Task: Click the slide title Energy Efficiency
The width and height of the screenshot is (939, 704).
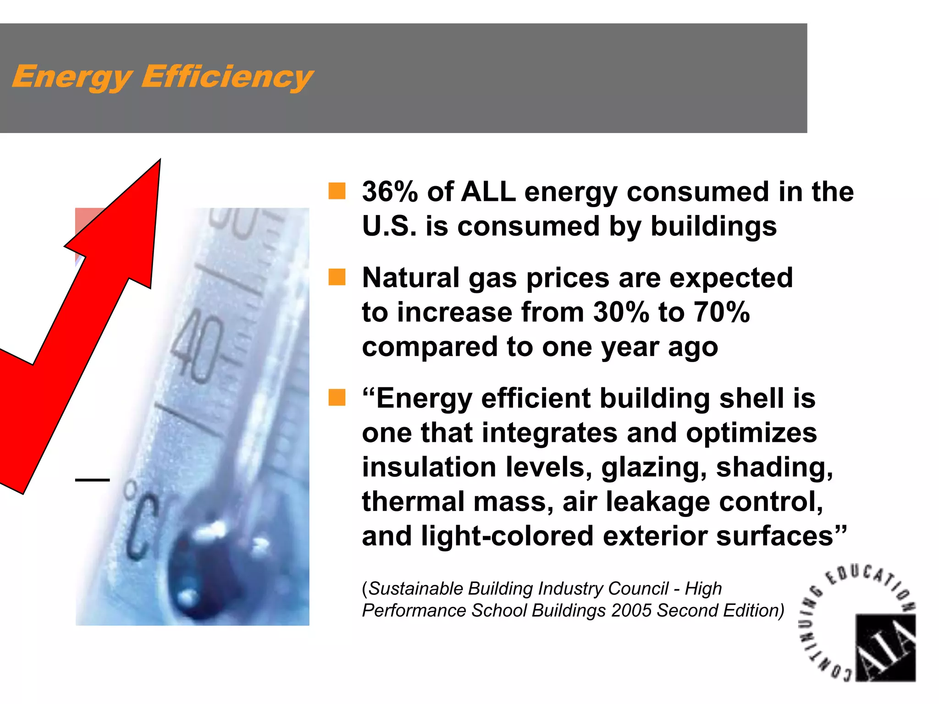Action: click(162, 77)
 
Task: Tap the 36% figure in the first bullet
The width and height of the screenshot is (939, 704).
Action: click(390, 192)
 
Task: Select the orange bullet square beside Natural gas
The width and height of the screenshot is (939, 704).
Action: click(337, 277)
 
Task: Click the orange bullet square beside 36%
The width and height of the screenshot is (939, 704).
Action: click(337, 191)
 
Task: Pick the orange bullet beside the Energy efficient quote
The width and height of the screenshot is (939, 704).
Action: click(337, 397)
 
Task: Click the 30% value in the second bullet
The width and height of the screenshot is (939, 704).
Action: click(621, 313)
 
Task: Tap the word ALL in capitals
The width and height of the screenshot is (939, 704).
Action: click(488, 192)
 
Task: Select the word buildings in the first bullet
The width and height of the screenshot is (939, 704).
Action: click(713, 226)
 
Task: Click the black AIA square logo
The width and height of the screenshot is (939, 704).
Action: click(885, 647)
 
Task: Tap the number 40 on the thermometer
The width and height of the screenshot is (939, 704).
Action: click(198, 346)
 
